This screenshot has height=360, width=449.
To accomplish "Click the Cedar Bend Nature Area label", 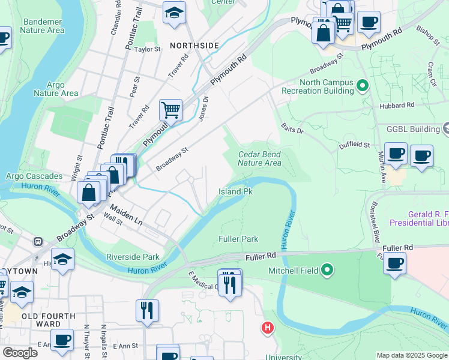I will click(x=259, y=158).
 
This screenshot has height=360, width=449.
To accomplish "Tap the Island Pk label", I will click(x=235, y=192).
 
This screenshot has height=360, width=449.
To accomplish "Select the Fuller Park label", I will click(x=238, y=239).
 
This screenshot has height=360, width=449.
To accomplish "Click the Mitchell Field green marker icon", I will click(x=327, y=270).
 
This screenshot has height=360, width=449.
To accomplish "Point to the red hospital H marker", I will click(x=267, y=328).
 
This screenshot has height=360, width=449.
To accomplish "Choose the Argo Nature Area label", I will click(x=56, y=89).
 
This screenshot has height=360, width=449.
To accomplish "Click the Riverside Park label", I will click(x=133, y=257).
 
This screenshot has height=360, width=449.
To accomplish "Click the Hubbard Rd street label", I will click(x=397, y=105).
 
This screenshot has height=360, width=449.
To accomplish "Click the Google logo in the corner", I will click(x=19, y=353).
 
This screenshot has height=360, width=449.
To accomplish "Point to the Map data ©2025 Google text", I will click(x=411, y=355).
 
